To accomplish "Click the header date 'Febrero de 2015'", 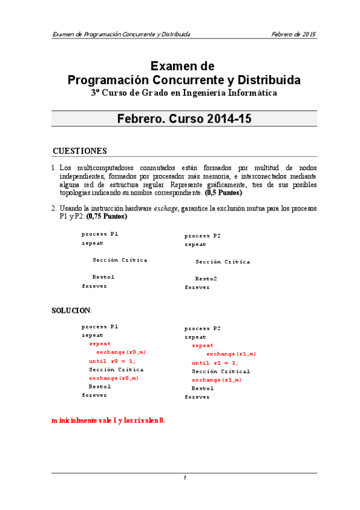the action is tap(293, 34).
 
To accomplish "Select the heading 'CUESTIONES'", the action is tap(80, 151).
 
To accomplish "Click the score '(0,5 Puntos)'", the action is tap(224, 193).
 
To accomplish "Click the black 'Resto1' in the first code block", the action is tap(103, 277).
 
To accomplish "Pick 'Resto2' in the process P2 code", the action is tap(206, 279).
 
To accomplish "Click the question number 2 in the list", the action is tap(53, 209).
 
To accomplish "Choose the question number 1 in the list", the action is tap(53, 167).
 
